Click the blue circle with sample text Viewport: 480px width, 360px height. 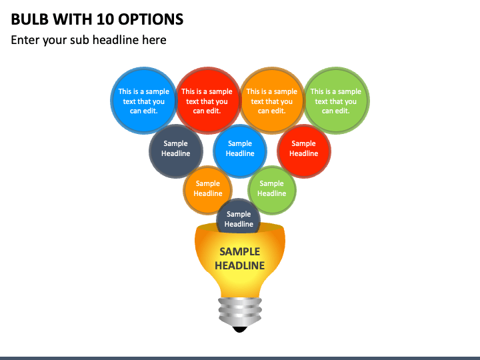(x=143, y=101)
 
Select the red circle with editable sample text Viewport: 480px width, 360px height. (x=207, y=101)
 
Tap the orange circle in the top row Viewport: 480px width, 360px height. (x=271, y=101)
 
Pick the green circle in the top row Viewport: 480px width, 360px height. (x=336, y=101)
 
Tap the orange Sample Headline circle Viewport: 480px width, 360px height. (x=207, y=189)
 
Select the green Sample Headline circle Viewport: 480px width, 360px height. (x=271, y=189)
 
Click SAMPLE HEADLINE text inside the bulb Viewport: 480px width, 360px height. (x=239, y=259)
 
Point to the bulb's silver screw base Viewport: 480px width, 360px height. (x=239, y=309)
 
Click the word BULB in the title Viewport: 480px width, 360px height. (x=31, y=19)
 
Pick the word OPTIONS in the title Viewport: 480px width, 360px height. (x=151, y=19)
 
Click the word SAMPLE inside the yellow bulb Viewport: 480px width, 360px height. (x=239, y=252)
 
